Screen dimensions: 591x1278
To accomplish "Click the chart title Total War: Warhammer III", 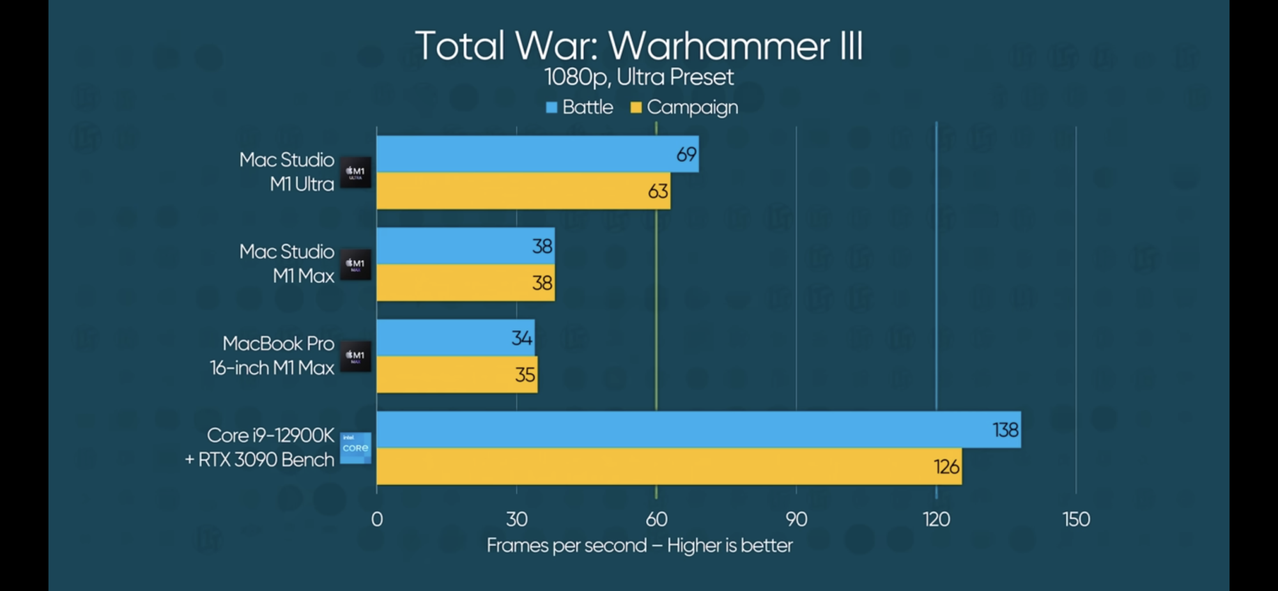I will coord(638,46).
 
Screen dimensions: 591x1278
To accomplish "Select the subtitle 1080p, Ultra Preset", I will coord(638,77).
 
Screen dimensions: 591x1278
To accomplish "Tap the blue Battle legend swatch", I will coord(551,107).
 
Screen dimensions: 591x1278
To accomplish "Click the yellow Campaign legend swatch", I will coord(636,107).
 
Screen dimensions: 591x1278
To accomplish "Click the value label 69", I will coord(686,155).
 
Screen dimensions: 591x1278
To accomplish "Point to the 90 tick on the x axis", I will coord(796,519).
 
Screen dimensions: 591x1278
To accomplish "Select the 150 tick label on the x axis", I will coord(1076,519).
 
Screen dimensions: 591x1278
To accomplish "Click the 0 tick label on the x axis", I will coord(377,519).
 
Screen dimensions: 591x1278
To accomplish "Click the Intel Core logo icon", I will coord(355,448).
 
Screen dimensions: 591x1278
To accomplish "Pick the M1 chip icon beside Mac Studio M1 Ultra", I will coord(355,172).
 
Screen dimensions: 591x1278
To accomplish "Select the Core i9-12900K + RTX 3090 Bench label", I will coord(259,447).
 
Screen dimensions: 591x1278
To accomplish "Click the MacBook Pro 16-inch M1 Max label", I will coord(272,355).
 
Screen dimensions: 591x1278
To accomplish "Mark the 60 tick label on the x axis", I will coord(656,519).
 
